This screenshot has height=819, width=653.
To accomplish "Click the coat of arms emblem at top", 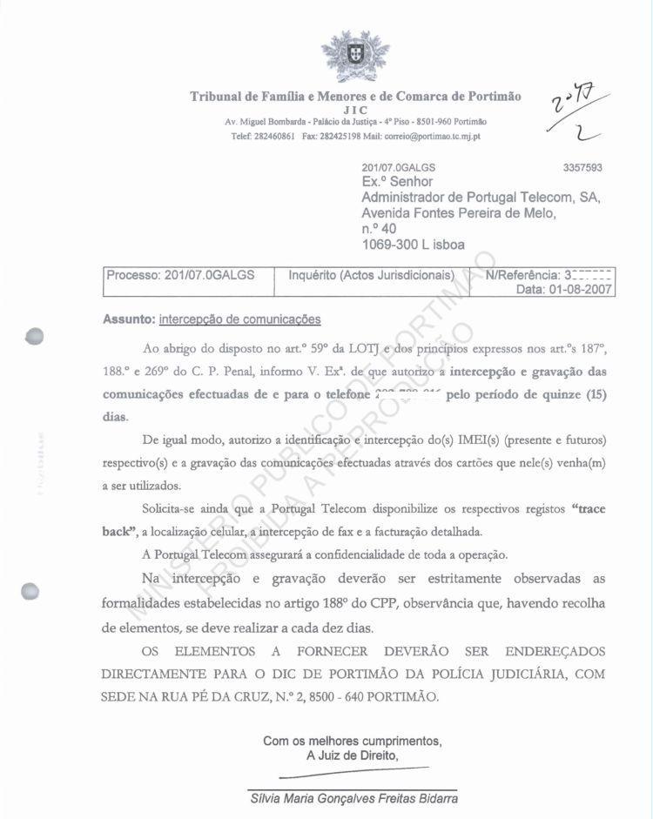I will click(x=355, y=57).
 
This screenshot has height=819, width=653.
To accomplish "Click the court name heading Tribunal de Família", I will click(x=355, y=97).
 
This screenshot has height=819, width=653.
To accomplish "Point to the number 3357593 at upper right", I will click(x=582, y=168).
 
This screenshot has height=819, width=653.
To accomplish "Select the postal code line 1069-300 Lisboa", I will click(x=413, y=245).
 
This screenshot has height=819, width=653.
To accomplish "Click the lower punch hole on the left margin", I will click(x=31, y=591).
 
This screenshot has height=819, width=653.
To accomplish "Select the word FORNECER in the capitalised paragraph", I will click(x=334, y=652).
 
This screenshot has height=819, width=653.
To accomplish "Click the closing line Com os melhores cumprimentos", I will click(x=353, y=742).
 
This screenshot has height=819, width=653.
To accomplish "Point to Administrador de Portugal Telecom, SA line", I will click(x=481, y=198).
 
